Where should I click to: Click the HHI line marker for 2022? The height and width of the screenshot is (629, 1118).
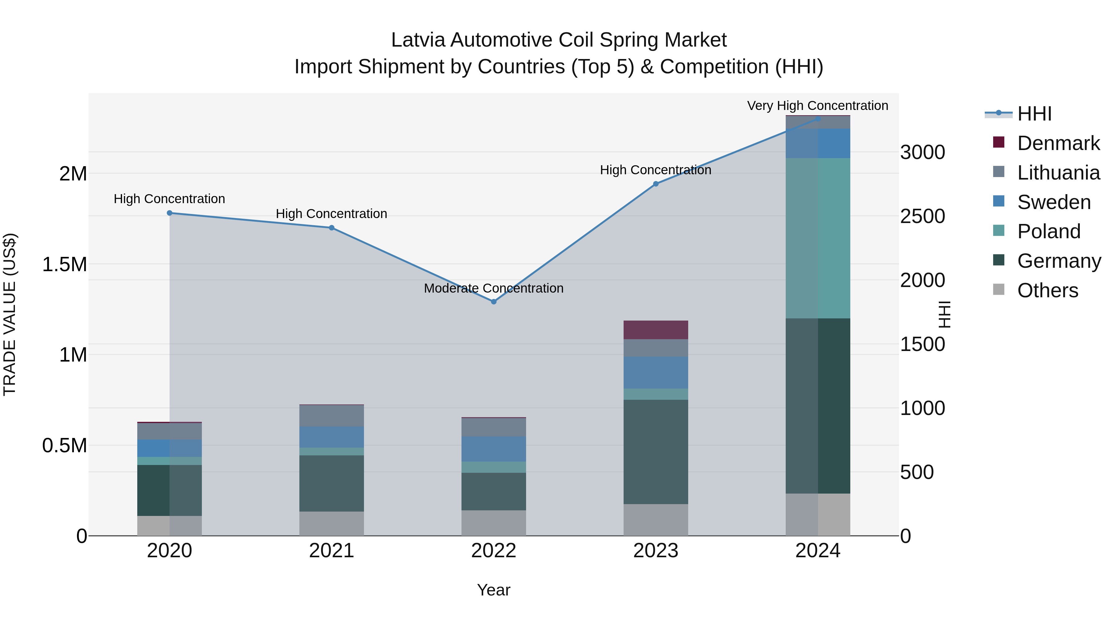(x=493, y=302)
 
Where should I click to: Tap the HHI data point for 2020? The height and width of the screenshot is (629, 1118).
(x=170, y=213)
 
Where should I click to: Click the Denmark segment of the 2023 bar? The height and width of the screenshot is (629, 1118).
(x=656, y=330)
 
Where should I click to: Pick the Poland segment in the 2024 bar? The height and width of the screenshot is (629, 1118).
(x=818, y=238)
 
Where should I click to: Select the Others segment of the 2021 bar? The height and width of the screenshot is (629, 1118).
(x=332, y=523)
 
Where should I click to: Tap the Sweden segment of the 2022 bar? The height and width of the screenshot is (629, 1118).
(x=493, y=449)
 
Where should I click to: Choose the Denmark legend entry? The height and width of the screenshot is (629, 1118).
(x=1058, y=143)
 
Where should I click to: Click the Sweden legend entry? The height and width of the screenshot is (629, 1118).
(x=1054, y=202)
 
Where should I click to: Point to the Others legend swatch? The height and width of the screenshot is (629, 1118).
(x=999, y=289)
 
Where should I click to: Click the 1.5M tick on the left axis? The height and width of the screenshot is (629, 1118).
(x=64, y=264)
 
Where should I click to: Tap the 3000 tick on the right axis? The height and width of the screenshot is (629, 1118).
(x=922, y=153)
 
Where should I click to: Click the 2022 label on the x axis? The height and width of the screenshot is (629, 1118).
(x=493, y=551)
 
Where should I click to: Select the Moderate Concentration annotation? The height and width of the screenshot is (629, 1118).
(x=493, y=288)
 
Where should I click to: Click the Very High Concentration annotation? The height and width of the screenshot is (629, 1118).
(x=818, y=106)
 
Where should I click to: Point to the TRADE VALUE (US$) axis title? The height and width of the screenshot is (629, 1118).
(x=10, y=314)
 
